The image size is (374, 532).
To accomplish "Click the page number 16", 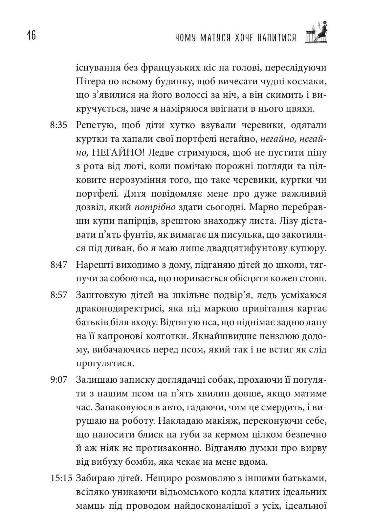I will click(x=29, y=35).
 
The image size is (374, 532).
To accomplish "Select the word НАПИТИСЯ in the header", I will click(x=276, y=38).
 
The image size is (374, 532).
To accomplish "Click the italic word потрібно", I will click(x=155, y=208).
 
